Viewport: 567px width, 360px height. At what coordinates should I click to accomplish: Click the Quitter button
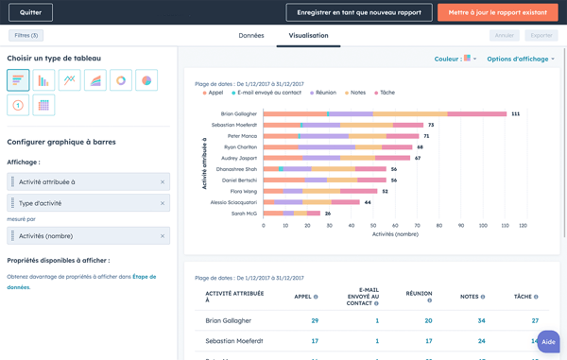[30, 12]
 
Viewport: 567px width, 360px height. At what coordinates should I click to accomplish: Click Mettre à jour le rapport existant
[498, 12]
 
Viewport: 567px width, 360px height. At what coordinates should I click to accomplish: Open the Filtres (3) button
[26, 35]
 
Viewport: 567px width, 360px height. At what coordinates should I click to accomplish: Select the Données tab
[251, 35]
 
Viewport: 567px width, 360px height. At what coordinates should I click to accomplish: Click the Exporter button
[541, 35]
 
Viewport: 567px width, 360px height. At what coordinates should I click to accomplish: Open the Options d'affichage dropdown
[521, 59]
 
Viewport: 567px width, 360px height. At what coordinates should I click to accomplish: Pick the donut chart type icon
[121, 80]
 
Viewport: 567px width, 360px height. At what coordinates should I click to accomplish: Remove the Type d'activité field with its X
[163, 203]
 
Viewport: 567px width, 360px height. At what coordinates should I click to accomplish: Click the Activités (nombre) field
[85, 236]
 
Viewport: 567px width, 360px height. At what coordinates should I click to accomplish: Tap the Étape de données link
[144, 277]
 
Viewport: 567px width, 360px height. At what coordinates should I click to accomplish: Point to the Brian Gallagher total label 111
[515, 113]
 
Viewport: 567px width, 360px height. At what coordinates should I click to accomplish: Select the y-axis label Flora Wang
[244, 191]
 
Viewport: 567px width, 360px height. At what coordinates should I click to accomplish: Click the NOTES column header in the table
[470, 297]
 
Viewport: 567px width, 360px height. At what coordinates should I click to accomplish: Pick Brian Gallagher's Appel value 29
[315, 321]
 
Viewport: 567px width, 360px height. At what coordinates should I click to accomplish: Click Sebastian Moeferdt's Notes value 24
[482, 341]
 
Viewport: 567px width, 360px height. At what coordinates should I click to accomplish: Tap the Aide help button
[548, 342]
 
